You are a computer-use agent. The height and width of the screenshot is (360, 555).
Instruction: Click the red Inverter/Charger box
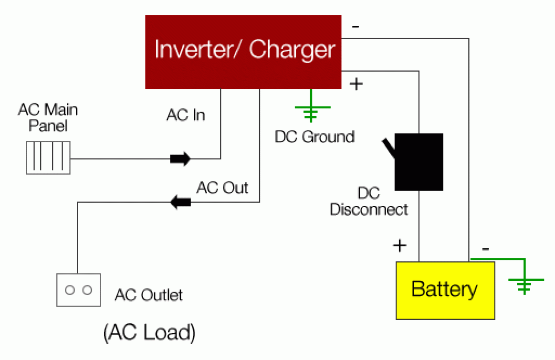(x=243, y=52)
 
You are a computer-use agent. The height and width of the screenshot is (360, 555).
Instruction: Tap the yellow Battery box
(x=445, y=290)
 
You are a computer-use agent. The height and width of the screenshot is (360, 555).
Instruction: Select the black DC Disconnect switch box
(x=419, y=162)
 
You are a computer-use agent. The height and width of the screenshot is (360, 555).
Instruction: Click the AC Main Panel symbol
(x=48, y=158)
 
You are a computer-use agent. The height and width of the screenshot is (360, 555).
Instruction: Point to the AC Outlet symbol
(x=79, y=290)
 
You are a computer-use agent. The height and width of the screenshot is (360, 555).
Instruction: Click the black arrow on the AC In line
(x=180, y=159)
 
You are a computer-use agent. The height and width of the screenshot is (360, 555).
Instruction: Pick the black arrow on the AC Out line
(x=181, y=202)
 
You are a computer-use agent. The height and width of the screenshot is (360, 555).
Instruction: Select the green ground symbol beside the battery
(x=525, y=285)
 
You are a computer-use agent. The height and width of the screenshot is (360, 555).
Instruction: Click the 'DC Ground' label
(x=314, y=137)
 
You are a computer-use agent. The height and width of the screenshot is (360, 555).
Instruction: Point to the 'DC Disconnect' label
(x=369, y=201)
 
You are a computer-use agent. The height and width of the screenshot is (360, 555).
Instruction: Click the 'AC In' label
(x=186, y=115)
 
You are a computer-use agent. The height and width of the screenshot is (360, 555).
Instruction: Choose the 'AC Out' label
(x=222, y=188)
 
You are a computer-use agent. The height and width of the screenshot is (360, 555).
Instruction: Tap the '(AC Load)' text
(x=149, y=332)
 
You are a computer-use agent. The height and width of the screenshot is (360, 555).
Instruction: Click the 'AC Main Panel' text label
(x=48, y=117)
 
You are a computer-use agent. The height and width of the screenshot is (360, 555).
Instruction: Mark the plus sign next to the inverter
(x=356, y=85)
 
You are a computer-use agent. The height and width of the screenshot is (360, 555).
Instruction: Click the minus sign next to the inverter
(x=356, y=27)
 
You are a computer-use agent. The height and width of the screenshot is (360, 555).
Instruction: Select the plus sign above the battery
(x=399, y=246)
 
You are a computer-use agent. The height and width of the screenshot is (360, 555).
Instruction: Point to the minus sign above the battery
(x=485, y=249)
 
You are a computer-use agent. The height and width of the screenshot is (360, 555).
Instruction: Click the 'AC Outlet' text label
(x=148, y=295)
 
